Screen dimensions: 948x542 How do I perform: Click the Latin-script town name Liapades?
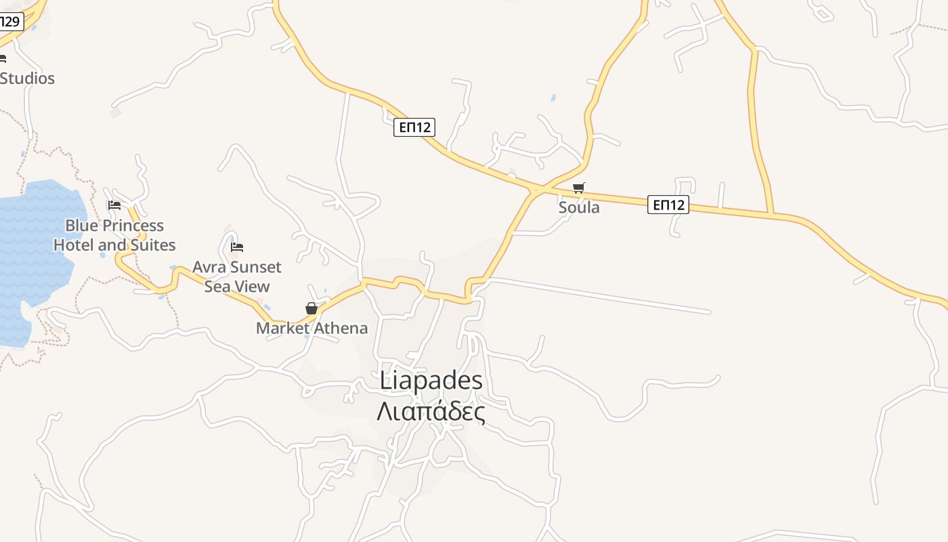tap(431, 381)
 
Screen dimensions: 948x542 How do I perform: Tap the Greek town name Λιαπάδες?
tap(431, 411)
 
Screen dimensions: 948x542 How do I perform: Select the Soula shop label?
tap(579, 207)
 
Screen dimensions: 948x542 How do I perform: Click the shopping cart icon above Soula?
tap(578, 188)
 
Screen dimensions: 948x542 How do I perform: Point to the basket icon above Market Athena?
tap(311, 308)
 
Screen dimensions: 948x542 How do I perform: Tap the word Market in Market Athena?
tap(281, 329)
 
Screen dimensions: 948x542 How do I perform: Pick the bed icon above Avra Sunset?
tap(237, 247)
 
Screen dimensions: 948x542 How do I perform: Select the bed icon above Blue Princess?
tap(114, 205)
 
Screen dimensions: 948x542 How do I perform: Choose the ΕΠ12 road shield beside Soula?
tap(668, 205)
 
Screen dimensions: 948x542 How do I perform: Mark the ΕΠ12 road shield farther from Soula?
tap(414, 127)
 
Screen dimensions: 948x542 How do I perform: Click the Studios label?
tap(27, 79)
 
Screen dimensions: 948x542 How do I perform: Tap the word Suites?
tap(153, 245)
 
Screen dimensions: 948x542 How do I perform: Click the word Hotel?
tap(74, 245)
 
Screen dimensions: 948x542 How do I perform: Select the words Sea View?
tap(237, 287)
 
